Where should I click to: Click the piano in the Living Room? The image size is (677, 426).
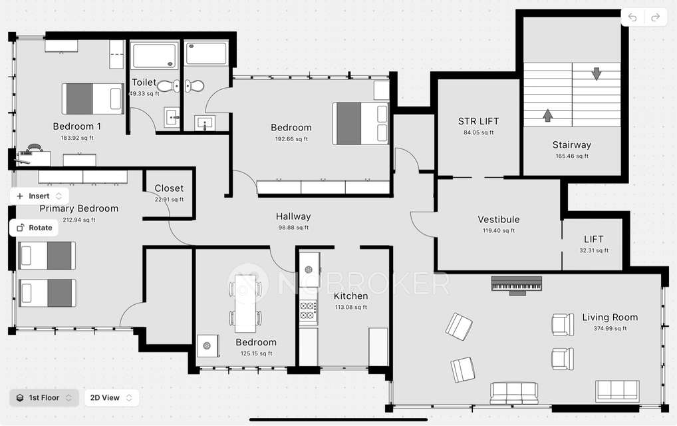point(516,284)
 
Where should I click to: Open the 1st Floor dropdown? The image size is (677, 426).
point(44,398)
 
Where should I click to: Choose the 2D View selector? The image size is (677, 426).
point(111,398)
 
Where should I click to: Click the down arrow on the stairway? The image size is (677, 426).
point(596,73)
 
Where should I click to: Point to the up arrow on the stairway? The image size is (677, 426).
point(547,115)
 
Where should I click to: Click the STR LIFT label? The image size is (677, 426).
point(478,121)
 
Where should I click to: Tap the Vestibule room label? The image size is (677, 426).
point(499,220)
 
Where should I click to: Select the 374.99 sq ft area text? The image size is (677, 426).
point(610,329)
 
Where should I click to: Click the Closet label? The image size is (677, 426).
point(169,188)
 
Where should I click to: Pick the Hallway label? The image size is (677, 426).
point(293,216)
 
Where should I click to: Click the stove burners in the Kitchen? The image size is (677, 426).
point(309,311)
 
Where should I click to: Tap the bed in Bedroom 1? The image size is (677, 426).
point(92,99)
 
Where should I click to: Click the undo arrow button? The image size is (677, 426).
point(632,17)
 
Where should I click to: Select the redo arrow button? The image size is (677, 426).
point(655,17)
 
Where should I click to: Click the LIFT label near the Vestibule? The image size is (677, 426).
point(594,240)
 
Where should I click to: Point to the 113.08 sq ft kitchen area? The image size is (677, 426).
point(350,308)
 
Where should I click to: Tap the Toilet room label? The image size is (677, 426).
point(144,83)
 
